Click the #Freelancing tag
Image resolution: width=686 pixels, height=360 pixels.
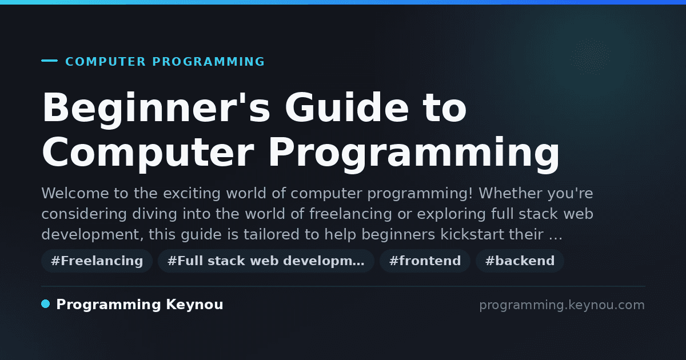[97, 261]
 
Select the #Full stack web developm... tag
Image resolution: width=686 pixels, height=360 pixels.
[266, 261]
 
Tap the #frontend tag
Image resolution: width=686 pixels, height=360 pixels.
[425, 261]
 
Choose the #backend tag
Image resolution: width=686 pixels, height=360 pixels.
[520, 261]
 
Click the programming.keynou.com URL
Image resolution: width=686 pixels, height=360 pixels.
[562, 305]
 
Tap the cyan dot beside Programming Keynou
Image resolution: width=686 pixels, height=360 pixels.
[46, 304]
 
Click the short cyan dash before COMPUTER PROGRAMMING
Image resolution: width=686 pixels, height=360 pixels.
[49, 61]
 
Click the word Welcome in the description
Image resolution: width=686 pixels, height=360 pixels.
[75, 193]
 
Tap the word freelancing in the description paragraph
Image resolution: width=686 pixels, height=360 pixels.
[350, 214]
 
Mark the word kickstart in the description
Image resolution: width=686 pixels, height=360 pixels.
[472, 234]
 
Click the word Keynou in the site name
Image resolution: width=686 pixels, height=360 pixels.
[194, 305]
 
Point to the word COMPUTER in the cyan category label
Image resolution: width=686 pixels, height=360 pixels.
[106, 62]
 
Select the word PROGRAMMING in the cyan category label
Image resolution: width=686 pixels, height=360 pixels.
[209, 62]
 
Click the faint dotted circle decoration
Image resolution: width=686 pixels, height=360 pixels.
[590, 57]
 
